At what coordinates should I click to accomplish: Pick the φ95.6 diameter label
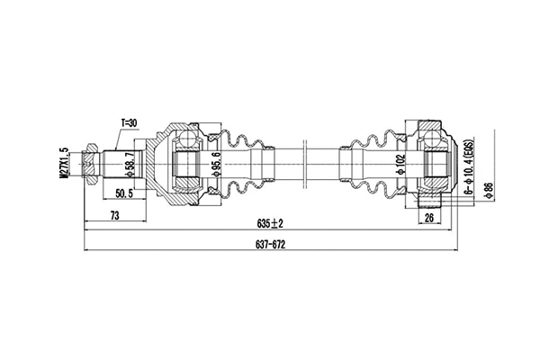[x=215, y=166]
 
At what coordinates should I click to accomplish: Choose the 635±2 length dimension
[x=271, y=223]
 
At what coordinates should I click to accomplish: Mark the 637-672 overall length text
[x=271, y=245]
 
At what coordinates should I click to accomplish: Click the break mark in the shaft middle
[x=305, y=164]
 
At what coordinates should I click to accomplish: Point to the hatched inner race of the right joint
[x=436, y=165]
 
